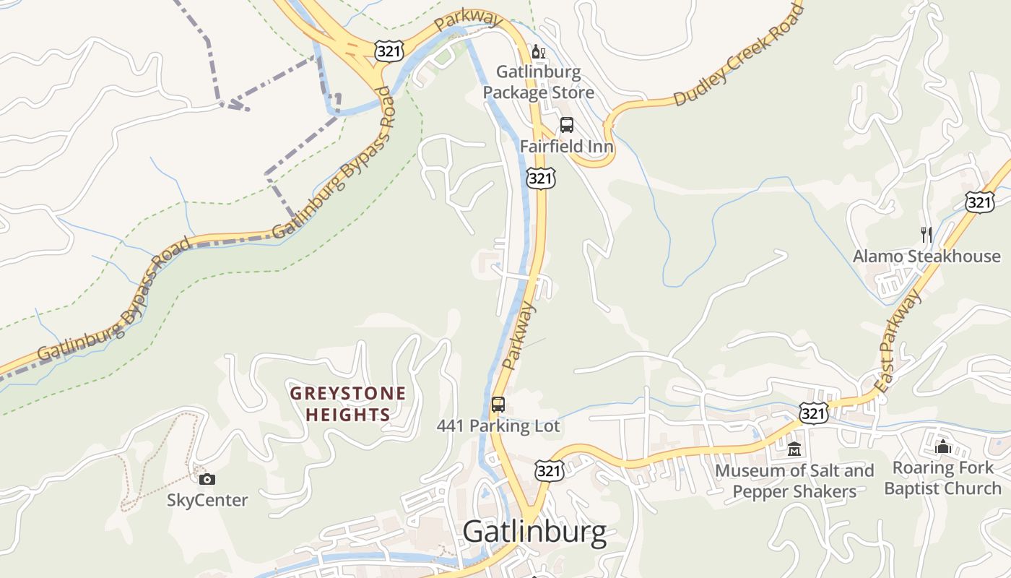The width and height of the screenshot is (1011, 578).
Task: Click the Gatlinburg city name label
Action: click(534, 532)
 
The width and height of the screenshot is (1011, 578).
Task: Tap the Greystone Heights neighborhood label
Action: click(348, 405)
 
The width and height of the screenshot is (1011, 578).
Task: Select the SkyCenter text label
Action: click(207, 500)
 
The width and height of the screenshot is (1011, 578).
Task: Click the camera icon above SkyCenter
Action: click(207, 479)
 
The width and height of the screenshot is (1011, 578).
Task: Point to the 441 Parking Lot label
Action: click(498, 426)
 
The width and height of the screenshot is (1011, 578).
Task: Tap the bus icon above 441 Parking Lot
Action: click(498, 405)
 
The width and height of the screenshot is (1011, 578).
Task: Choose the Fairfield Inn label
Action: click(567, 147)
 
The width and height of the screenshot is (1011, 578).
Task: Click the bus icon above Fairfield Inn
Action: click(567, 125)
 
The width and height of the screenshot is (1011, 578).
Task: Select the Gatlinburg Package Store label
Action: click(539, 82)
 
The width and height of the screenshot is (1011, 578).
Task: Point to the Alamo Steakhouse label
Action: click(927, 256)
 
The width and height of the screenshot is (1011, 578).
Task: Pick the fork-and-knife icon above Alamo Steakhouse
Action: click(927, 234)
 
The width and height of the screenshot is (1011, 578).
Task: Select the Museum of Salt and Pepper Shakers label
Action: click(794, 481)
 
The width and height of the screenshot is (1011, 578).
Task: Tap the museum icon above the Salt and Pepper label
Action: click(794, 449)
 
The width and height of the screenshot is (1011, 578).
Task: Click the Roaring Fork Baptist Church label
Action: click(942, 478)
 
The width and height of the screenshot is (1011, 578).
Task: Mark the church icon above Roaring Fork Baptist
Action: click(942, 447)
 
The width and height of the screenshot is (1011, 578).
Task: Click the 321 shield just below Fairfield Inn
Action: click(540, 178)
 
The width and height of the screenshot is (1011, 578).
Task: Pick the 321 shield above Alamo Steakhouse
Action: click(979, 202)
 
